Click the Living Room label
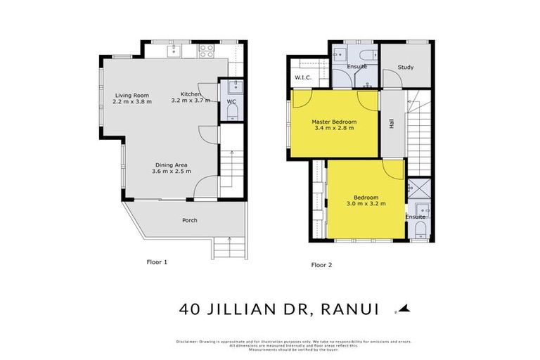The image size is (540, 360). [x=132, y=95]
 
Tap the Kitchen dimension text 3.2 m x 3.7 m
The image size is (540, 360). [x=191, y=101]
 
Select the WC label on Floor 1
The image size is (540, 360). [x=231, y=101]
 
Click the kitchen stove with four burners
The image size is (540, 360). [x=207, y=50]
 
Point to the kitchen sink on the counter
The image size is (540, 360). [x=175, y=50]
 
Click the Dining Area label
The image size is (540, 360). [x=171, y=165]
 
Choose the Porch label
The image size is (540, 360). [x=190, y=220]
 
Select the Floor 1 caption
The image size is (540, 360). [x=156, y=262]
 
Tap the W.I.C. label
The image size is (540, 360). [x=303, y=77]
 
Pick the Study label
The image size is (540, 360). [x=405, y=67]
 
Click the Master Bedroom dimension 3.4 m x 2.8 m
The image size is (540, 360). [x=333, y=128]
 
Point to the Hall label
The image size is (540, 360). [x=390, y=124]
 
